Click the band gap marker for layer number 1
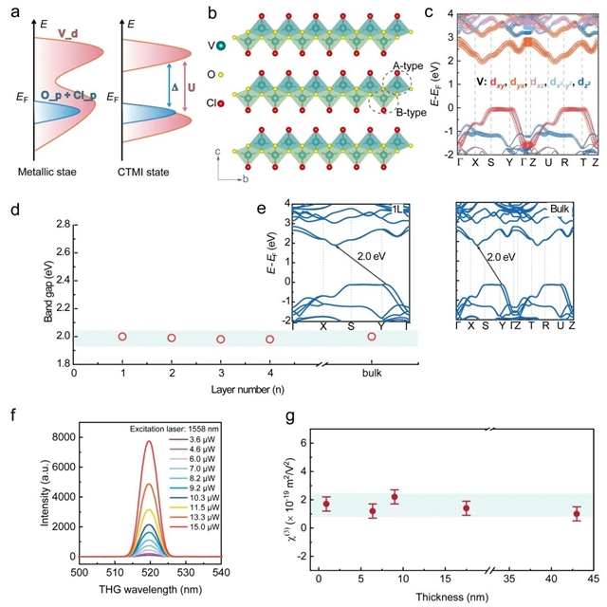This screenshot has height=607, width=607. (x=121, y=337)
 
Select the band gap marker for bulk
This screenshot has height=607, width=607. (x=372, y=337)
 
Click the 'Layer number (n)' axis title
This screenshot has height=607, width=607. (x=242, y=389)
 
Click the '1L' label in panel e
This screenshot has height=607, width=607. (x=396, y=209)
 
